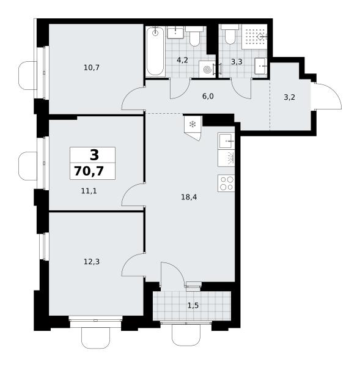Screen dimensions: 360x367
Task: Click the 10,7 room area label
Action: [x=92, y=68]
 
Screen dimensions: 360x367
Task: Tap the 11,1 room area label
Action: [x=89, y=191]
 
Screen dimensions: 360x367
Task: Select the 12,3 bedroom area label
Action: [x=92, y=261]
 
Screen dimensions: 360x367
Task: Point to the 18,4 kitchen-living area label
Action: [x=189, y=197]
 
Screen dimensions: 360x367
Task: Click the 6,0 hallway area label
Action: [x=208, y=96]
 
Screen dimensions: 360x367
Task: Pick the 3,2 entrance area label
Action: [x=289, y=97]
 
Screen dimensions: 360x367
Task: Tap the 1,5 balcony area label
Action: [x=193, y=305]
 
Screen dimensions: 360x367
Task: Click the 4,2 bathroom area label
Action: [x=183, y=60]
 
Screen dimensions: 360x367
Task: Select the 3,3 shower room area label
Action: [x=237, y=62]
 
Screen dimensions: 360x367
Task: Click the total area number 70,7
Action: [x=89, y=171]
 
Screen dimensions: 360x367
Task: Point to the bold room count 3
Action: [x=94, y=155]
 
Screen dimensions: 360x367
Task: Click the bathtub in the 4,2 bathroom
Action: [x=156, y=51]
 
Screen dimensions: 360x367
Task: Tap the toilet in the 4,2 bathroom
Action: [x=194, y=36]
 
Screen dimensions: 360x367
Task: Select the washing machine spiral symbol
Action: [x=207, y=70]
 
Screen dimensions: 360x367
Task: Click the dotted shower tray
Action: [x=254, y=37]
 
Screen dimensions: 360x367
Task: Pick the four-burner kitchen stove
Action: [x=226, y=183]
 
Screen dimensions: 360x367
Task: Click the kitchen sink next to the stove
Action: [x=226, y=141]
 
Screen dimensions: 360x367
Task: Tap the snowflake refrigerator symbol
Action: [x=193, y=125]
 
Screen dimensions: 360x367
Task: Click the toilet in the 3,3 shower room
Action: [x=230, y=34]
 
